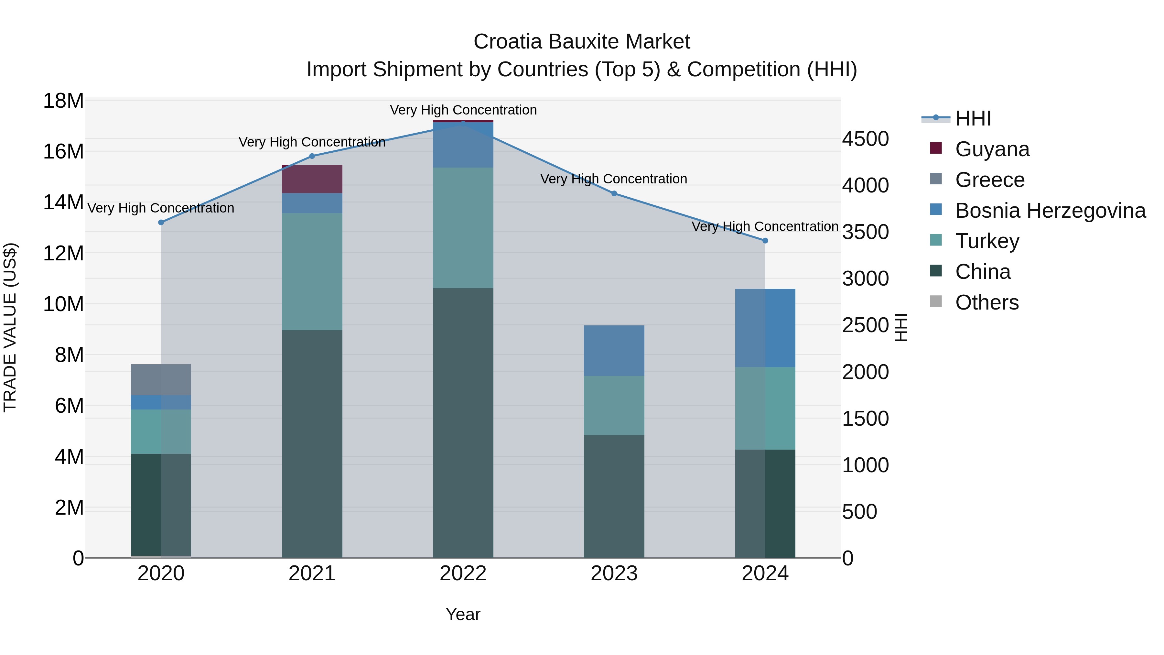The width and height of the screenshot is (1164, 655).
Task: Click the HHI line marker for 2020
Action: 161,223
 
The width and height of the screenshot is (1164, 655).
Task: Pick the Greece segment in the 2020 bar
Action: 161,380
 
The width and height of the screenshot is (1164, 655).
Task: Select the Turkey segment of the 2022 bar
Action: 463,228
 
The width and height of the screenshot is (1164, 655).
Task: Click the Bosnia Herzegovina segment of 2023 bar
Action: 614,350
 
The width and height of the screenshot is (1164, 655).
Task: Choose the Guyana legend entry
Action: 992,149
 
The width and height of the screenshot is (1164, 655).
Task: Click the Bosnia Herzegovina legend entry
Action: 1050,211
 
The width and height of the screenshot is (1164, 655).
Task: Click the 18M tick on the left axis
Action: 63,101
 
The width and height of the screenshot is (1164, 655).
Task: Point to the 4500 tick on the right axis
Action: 865,139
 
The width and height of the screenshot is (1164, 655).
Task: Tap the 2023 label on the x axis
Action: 614,573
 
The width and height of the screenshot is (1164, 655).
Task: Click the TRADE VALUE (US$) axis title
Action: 10,327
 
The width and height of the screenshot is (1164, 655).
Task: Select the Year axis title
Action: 463,614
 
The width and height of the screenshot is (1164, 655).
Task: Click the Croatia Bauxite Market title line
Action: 582,42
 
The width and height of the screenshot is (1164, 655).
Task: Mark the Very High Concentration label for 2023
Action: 614,179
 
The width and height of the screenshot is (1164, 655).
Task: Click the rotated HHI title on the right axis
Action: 900,327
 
